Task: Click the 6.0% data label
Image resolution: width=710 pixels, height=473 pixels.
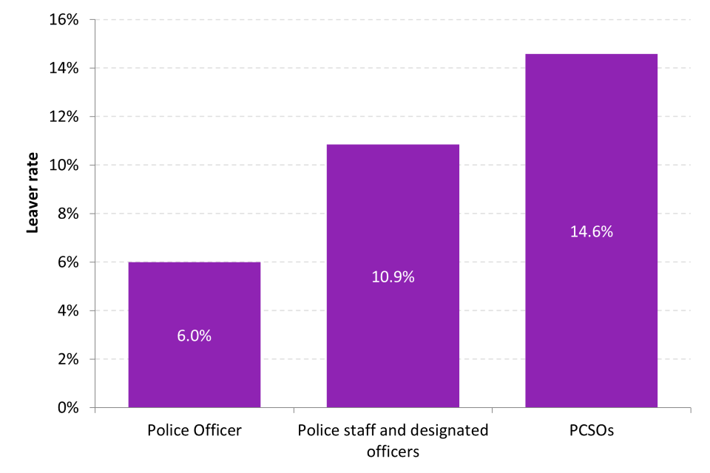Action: click(x=194, y=336)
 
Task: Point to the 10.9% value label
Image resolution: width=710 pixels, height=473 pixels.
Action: click(x=393, y=278)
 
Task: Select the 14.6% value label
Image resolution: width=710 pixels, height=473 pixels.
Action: click(x=591, y=231)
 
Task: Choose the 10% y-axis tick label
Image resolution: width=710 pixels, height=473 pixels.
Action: click(x=65, y=165)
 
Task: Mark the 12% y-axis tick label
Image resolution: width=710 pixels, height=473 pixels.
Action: click(x=65, y=117)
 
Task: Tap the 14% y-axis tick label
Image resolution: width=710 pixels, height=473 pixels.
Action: click(x=65, y=68)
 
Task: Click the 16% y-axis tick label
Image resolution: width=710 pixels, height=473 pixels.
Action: click(x=65, y=20)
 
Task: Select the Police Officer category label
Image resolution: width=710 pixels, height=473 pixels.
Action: click(x=194, y=430)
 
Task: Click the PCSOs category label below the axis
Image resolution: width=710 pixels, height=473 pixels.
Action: click(x=591, y=430)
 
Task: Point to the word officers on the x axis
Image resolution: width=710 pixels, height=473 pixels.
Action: click(x=393, y=449)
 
